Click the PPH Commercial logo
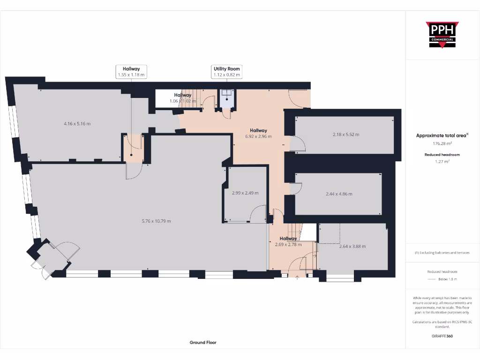click(442, 35)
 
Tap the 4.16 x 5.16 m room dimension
click(77, 124)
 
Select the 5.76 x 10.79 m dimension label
click(157, 221)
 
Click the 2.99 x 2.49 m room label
click(245, 193)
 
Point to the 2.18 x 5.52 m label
click(345, 135)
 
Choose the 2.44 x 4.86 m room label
click(338, 194)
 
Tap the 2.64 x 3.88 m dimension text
click(352, 246)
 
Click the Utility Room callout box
click(227, 72)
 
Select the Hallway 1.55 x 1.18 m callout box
click(131, 72)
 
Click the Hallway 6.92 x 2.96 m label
click(258, 134)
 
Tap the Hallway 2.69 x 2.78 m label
click(288, 241)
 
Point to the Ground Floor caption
click(203, 343)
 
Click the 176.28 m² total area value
click(442, 144)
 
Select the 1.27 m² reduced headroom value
click(442, 161)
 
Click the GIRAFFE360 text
click(442, 336)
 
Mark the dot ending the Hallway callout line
click(131, 155)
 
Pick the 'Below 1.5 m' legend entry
click(448, 279)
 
